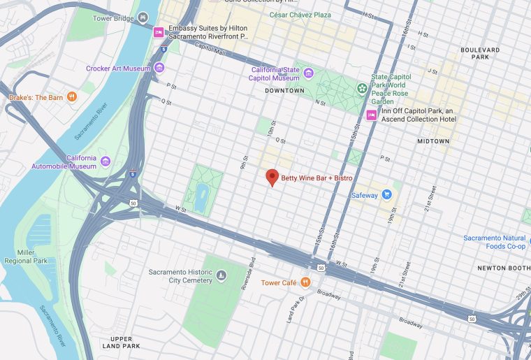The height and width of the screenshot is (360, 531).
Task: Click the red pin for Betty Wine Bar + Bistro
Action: tap(272, 178)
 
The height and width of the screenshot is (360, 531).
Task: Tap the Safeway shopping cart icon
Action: tap(386, 195)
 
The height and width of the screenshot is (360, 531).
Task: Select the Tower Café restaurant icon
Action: tap(305, 282)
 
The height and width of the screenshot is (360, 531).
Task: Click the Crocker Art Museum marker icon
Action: tap(160, 68)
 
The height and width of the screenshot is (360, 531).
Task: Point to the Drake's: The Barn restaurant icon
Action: tap(71, 97)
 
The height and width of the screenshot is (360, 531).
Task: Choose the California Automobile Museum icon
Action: tap(106, 162)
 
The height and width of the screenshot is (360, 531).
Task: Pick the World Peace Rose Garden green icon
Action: tap(362, 88)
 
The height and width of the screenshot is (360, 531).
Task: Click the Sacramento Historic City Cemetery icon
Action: tap(221, 276)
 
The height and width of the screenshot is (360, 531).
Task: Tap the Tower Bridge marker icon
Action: tap(143, 17)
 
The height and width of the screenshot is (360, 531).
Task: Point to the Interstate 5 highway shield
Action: tap(163, 50)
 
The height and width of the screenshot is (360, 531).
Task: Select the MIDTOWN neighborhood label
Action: tap(433, 141)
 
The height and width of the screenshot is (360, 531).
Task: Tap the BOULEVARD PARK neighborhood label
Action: tap(480, 55)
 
